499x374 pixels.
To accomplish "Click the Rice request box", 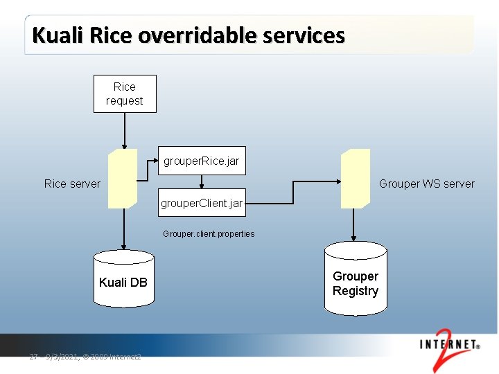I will click(125, 93).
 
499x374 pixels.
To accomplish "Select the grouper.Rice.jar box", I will click(201, 161).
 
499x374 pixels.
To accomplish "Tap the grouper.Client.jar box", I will click(201, 204).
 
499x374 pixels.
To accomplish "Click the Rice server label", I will click(72, 184).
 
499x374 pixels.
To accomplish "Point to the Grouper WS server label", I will click(426, 184).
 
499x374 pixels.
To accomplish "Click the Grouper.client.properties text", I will click(209, 234).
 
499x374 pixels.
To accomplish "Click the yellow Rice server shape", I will click(123, 178).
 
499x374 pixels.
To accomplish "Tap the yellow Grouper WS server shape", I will click(355, 178).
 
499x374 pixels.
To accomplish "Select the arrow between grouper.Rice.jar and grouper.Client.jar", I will click(201, 181).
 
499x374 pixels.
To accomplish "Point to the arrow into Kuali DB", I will click(124, 229).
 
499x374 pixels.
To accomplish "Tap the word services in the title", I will click(305, 35).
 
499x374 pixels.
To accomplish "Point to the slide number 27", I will click(33, 357).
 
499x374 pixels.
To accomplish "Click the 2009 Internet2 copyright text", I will click(112, 357).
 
